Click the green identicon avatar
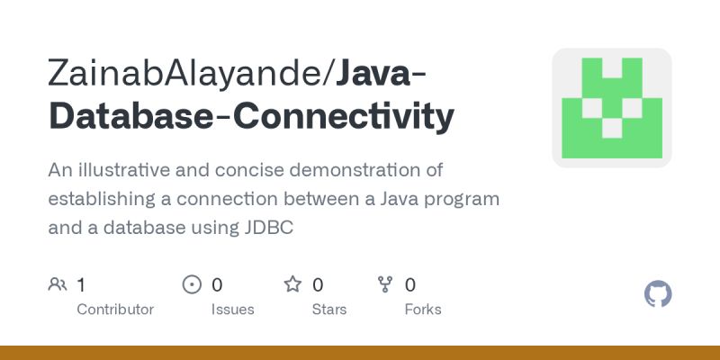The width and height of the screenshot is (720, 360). click(x=612, y=108)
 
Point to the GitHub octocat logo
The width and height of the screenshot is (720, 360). click(x=659, y=294)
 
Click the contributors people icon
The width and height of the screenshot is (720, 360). click(x=58, y=285)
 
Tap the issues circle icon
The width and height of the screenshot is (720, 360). click(x=192, y=285)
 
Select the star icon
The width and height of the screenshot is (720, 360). click(x=292, y=285)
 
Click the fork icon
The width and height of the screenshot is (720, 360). click(x=386, y=285)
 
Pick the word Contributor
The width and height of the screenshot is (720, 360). click(x=115, y=310)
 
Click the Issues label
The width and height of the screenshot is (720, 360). click(x=232, y=310)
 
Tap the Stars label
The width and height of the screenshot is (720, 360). click(x=329, y=310)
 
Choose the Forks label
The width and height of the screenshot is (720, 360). click(x=423, y=310)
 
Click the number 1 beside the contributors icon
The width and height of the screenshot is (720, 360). click(x=81, y=285)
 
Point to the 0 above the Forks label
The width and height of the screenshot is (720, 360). click(x=410, y=285)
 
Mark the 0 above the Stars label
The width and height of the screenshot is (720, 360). click(x=318, y=285)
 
